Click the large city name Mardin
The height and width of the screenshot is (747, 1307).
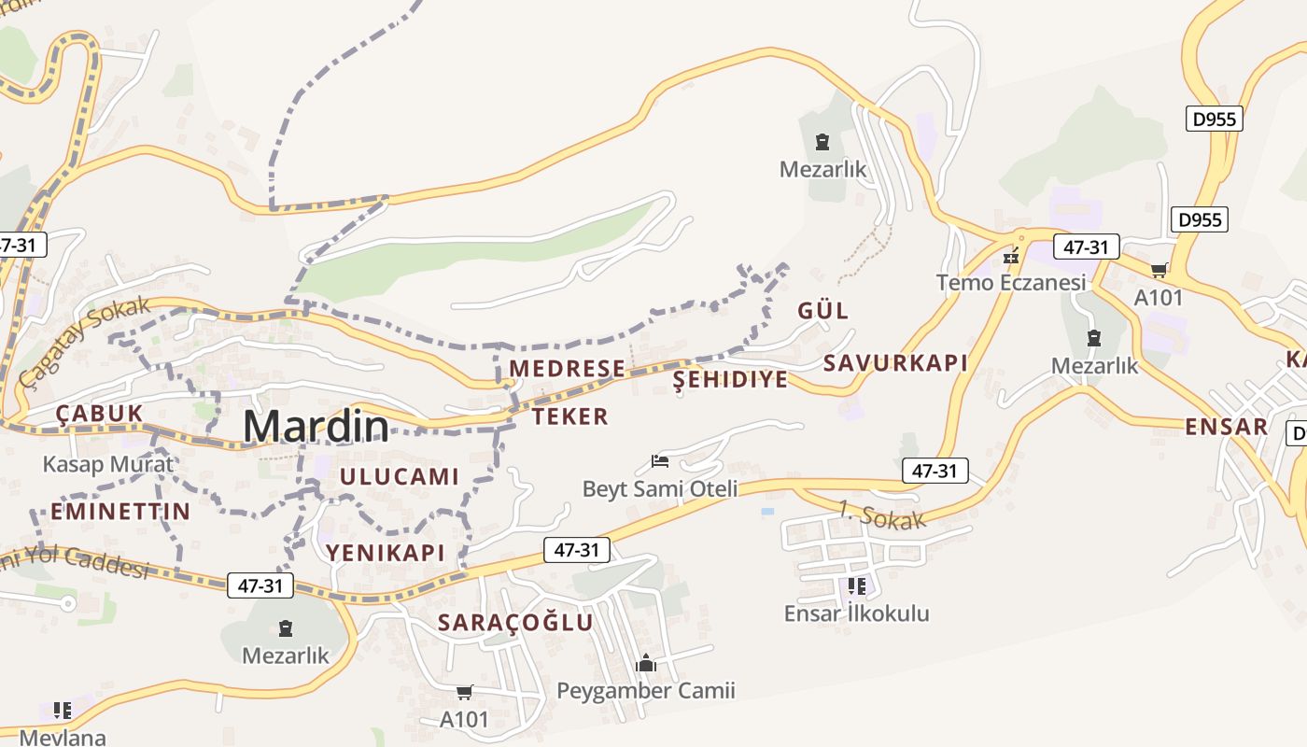(x=316, y=427)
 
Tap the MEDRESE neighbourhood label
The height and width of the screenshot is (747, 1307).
(x=567, y=369)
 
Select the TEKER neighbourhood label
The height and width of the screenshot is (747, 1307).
(x=570, y=416)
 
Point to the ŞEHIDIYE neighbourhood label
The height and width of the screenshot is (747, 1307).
(x=730, y=380)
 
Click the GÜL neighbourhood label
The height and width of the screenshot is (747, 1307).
(x=822, y=311)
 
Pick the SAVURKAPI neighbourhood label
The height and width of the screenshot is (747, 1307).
(x=895, y=363)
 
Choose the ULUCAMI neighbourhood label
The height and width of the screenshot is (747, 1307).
(x=400, y=476)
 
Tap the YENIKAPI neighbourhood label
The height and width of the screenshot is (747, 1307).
(x=385, y=553)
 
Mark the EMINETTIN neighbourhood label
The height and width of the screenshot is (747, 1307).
(x=119, y=512)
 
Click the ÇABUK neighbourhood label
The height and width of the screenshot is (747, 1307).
(x=99, y=413)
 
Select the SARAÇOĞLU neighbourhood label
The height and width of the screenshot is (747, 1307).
(x=515, y=623)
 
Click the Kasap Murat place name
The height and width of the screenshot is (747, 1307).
(x=108, y=464)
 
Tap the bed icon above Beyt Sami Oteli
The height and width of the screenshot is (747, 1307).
(x=660, y=461)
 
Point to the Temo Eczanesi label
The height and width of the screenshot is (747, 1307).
(x=1011, y=282)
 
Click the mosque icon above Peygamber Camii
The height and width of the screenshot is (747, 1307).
(x=646, y=664)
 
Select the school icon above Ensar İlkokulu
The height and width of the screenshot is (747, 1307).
(x=856, y=586)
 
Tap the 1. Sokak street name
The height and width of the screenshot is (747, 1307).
(x=881, y=516)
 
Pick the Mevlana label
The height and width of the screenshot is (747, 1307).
(x=63, y=737)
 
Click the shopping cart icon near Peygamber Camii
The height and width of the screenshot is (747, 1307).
(x=464, y=693)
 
